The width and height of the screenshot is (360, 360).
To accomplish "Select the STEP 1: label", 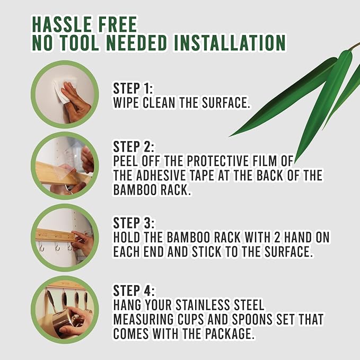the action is coord(133,89).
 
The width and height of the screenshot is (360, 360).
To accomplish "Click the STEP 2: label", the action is coord(134,147).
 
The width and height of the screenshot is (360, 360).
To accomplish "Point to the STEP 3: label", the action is coord(134,223).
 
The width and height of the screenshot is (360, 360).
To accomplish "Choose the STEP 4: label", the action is coord(134,291).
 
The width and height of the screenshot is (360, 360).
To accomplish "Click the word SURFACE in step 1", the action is coord(226,103).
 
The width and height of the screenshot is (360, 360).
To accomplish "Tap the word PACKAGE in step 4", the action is coord(230,334).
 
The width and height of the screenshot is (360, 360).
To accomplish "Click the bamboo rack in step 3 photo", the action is coord(56,235).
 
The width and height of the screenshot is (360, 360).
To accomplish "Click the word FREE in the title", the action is coord(115,24).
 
